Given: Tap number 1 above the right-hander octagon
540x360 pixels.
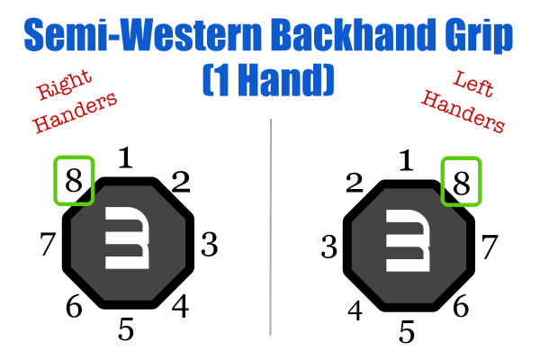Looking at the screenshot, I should pos(126,159).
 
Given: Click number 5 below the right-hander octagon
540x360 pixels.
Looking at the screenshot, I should pos(126,329).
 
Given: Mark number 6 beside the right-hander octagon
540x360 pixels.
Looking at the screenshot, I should pos(74,306).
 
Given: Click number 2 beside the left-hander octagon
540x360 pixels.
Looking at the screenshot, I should pos(354,184).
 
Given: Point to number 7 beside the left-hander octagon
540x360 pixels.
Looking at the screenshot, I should pos(490,244).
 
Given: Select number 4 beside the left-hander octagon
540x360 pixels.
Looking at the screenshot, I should pos(355,310).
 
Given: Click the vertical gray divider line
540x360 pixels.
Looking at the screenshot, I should pos(270,225).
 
